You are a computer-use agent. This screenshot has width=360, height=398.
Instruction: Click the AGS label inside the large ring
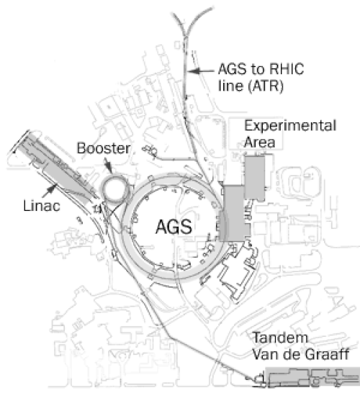click(x=174, y=227)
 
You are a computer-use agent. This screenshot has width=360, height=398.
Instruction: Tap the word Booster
click(x=104, y=148)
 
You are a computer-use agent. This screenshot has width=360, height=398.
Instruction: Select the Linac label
click(x=42, y=206)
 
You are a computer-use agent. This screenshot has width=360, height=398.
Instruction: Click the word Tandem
click(x=281, y=338)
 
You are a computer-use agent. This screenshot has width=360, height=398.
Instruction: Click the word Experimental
click(x=290, y=126)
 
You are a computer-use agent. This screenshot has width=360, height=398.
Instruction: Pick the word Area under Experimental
click(x=259, y=143)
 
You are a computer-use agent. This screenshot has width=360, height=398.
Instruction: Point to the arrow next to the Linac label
click(x=50, y=191)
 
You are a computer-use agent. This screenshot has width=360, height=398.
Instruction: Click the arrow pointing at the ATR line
click(x=201, y=71)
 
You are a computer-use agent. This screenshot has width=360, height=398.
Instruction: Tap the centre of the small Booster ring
click(x=114, y=189)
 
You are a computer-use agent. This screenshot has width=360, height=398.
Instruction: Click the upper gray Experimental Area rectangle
click(x=255, y=178)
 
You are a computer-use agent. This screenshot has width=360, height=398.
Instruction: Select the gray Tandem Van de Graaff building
click(x=312, y=376)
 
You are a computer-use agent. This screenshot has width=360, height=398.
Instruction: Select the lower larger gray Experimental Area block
click(x=233, y=213)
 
